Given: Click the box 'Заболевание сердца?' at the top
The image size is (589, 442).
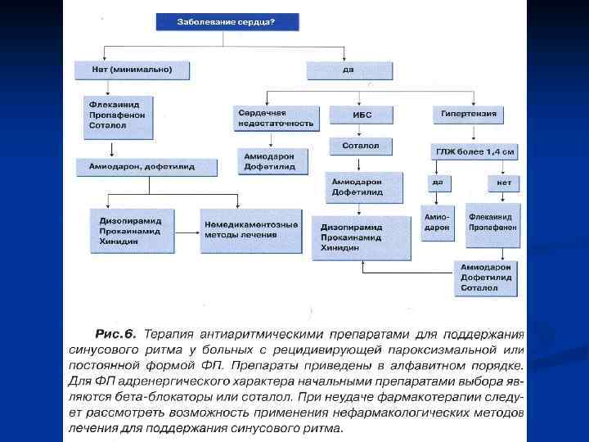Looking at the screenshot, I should click(x=227, y=21).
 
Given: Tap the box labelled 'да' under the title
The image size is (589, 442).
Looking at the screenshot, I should click(x=348, y=70).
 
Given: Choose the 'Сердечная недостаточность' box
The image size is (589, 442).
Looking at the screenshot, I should click(x=275, y=118).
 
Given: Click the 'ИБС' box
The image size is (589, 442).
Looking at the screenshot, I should click(x=362, y=115).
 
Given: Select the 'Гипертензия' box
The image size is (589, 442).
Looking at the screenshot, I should click(x=468, y=115).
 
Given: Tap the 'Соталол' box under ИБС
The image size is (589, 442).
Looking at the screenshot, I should click(x=361, y=146).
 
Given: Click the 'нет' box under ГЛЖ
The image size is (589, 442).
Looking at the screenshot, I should click(x=505, y=183).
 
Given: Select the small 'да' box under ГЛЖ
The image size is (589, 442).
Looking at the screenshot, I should click(x=437, y=183).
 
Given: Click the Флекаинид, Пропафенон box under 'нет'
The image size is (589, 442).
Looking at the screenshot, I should click(x=492, y=223).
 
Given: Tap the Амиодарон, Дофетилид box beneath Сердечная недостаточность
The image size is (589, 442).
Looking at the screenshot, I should click(x=274, y=160).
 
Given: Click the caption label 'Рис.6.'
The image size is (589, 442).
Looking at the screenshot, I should click(x=115, y=334).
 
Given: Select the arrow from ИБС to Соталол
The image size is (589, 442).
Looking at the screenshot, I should click(x=362, y=129).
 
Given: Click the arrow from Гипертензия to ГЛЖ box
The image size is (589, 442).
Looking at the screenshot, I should click(x=468, y=133).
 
